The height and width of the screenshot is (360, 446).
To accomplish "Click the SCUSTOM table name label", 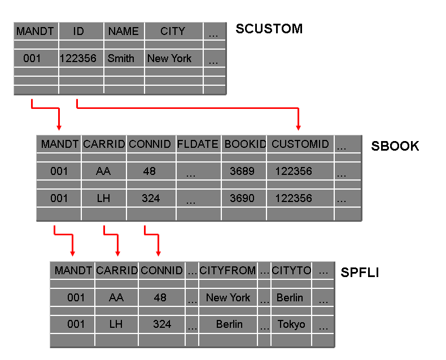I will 269,29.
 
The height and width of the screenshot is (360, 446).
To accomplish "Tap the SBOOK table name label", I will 395,146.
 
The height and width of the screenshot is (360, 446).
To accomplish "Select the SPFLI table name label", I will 360,273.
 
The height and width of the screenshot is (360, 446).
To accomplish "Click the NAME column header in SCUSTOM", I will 124,32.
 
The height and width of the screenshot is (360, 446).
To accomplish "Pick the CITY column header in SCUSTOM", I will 173,32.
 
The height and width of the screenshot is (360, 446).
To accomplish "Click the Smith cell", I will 121,58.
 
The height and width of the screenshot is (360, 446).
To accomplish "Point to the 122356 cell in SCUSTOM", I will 78,58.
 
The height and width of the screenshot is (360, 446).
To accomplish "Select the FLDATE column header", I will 198,144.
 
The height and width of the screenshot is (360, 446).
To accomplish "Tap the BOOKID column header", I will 244,144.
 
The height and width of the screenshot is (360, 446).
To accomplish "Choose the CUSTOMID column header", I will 300,144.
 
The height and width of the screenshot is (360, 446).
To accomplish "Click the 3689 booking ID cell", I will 242,171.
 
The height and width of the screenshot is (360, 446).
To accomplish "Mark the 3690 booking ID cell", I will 242,198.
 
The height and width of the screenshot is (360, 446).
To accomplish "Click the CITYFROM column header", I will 228,271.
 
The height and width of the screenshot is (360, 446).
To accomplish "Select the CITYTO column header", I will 291,271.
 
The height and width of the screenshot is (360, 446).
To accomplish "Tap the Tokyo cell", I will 291,324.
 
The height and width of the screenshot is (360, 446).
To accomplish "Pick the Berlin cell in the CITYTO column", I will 290,297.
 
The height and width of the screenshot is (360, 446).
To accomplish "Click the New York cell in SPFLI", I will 228,297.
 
